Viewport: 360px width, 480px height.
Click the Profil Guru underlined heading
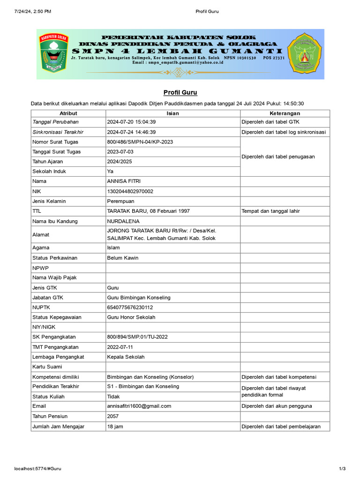click(x=180, y=92)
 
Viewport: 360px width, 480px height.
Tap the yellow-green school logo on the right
click(x=305, y=53)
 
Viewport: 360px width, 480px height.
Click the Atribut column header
click(x=68, y=113)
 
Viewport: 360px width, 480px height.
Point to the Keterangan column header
click(x=285, y=113)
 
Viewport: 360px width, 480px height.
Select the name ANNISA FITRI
click(x=124, y=181)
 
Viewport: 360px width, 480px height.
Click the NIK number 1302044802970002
click(x=130, y=191)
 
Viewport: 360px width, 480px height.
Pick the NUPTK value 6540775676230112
click(x=130, y=307)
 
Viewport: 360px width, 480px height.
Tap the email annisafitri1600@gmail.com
click(x=139, y=406)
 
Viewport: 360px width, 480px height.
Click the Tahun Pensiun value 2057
click(x=113, y=416)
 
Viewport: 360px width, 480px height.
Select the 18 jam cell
click(x=115, y=427)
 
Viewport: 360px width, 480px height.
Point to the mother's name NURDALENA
click(x=124, y=221)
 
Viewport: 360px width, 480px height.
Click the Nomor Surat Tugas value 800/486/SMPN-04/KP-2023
click(x=140, y=142)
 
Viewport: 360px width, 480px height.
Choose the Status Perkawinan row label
click(x=55, y=258)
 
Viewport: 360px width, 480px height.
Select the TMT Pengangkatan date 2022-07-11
click(x=120, y=347)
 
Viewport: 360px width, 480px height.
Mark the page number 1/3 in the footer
click(x=342, y=469)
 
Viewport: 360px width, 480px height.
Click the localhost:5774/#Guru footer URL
click(x=38, y=469)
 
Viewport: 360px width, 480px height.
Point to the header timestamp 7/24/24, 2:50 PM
click(x=33, y=11)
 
